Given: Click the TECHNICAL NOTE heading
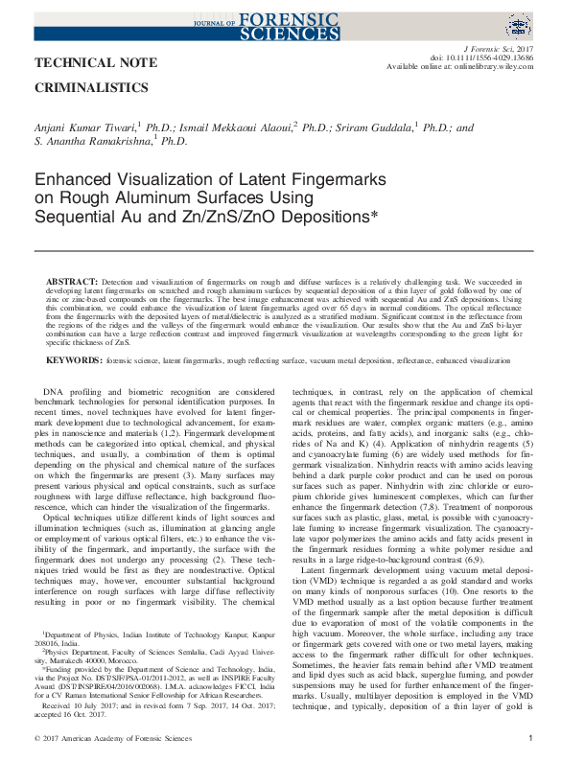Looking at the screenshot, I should click(84, 63).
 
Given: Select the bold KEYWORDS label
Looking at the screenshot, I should click(75, 360).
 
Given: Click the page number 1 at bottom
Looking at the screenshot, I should click(531, 738).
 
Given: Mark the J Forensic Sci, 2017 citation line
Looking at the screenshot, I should click(498, 47).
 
